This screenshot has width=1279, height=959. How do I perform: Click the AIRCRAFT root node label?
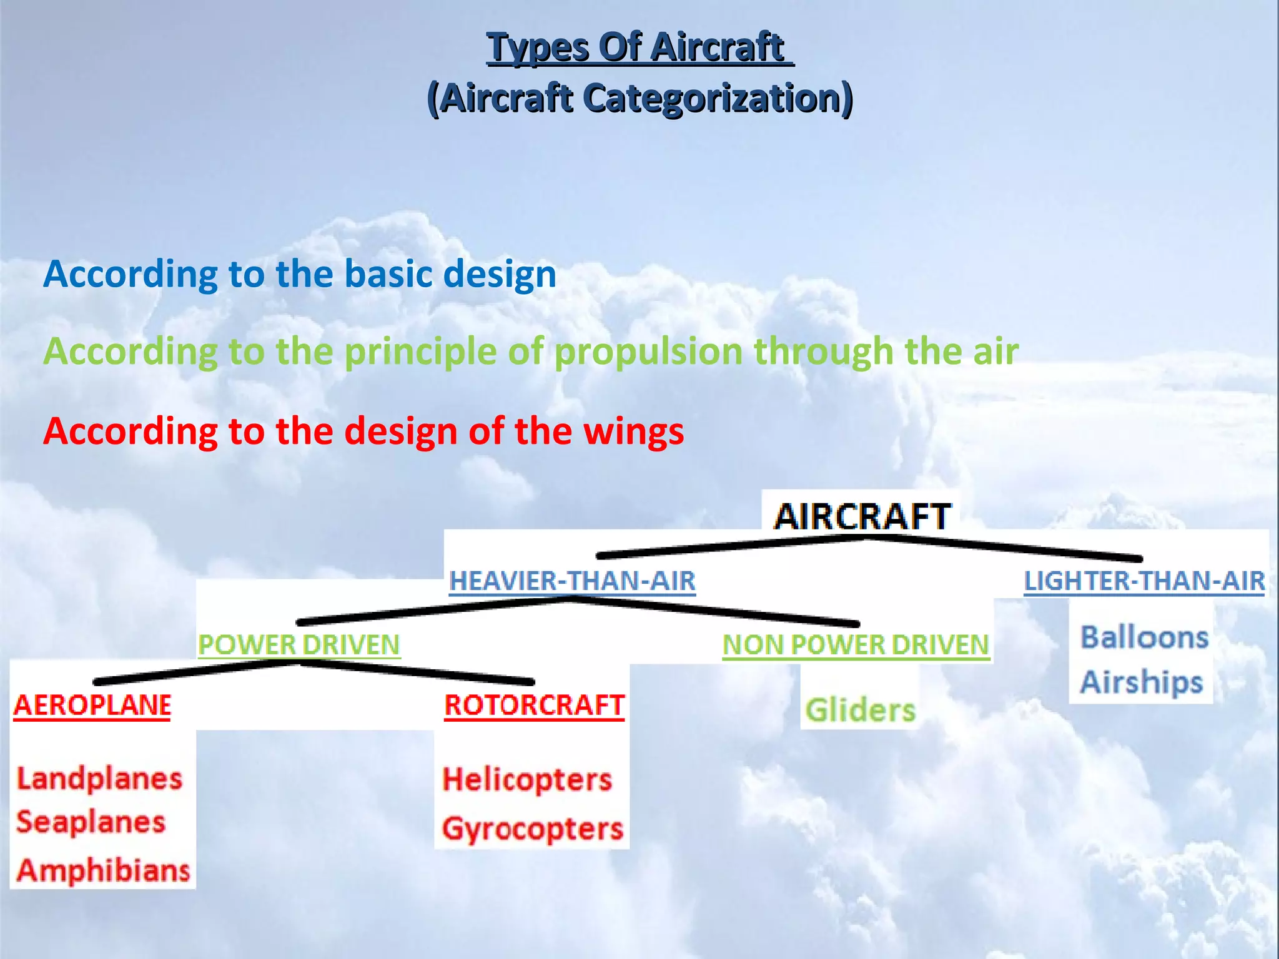[862, 516]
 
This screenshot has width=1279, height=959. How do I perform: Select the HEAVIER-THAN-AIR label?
[572, 581]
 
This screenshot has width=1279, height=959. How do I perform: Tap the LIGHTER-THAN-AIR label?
[1144, 581]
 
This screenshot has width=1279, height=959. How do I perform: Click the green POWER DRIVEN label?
[299, 645]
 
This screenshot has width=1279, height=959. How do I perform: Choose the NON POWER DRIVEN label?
[856, 645]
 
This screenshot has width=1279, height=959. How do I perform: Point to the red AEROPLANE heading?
[92, 706]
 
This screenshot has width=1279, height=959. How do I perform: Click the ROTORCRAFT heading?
[534, 706]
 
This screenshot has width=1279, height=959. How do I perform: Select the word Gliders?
[860, 711]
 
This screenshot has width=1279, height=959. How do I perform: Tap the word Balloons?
[1144, 637]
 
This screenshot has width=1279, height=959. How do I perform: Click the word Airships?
[1142, 682]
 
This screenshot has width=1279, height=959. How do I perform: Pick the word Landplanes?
[99, 779]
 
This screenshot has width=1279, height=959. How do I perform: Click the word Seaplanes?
[91, 822]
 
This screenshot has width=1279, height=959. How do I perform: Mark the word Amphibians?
[103, 870]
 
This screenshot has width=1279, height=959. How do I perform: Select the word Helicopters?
[527, 780]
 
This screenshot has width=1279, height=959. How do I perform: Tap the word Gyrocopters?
[532, 829]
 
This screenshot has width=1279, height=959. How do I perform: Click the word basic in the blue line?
[382, 274]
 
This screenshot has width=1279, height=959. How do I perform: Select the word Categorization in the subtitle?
[719, 99]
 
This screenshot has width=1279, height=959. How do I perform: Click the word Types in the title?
[538, 48]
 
